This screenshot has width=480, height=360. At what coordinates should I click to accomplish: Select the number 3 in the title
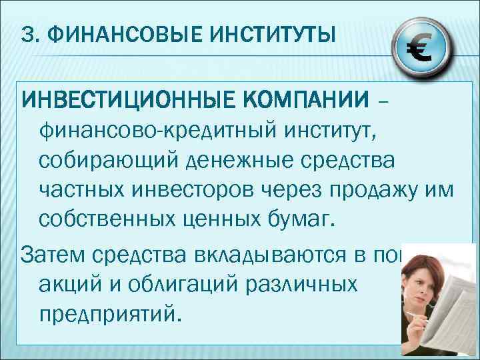27,33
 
